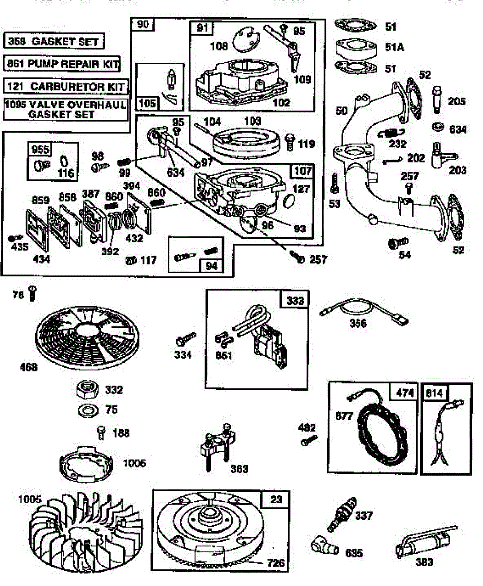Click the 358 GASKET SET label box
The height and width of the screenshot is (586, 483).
coord(54,41)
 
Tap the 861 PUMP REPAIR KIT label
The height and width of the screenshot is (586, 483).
coord(63,64)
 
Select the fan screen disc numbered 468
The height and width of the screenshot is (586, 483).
coord(84,332)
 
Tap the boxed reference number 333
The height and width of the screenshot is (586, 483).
coord(295,301)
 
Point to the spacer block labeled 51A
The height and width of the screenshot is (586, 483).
coord(355,48)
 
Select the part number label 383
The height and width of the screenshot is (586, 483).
coord(424,562)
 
